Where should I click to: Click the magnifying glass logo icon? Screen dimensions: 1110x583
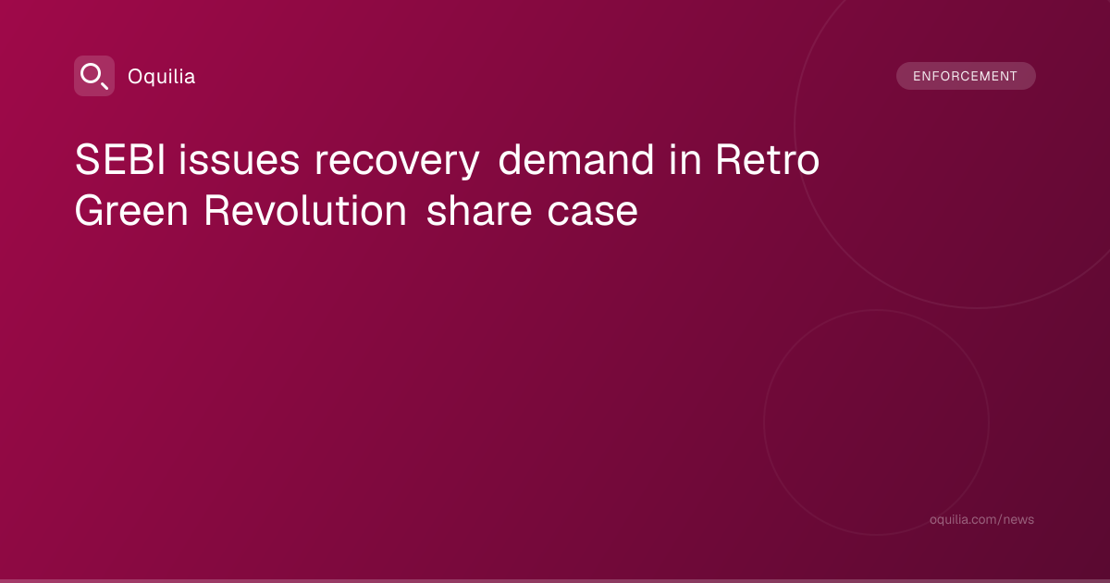point(94,76)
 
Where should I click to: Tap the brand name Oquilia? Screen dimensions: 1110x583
point(162,76)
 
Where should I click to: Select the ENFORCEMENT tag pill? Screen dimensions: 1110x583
point(966,76)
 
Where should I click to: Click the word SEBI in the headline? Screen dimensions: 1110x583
point(120,159)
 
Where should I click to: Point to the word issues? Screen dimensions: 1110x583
point(240,159)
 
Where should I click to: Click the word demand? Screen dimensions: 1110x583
point(575,159)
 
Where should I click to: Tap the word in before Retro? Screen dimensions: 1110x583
point(685,159)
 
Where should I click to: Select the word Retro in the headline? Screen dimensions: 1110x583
point(768,159)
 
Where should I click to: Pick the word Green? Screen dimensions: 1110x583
point(131,211)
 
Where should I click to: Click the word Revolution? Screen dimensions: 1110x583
point(305,211)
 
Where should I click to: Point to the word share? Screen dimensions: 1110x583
point(479,211)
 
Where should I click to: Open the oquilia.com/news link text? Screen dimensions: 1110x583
point(981,519)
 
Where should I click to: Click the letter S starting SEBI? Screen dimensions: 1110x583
point(86,159)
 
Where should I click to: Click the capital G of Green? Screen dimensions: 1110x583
point(90,211)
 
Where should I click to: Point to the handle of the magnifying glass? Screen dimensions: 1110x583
point(105,85)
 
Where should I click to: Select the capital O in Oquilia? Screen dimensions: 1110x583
point(135,76)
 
